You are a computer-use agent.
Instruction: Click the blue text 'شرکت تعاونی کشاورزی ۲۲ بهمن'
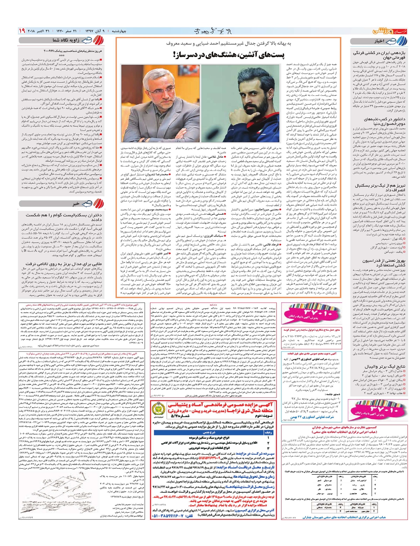coord(314,417)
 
